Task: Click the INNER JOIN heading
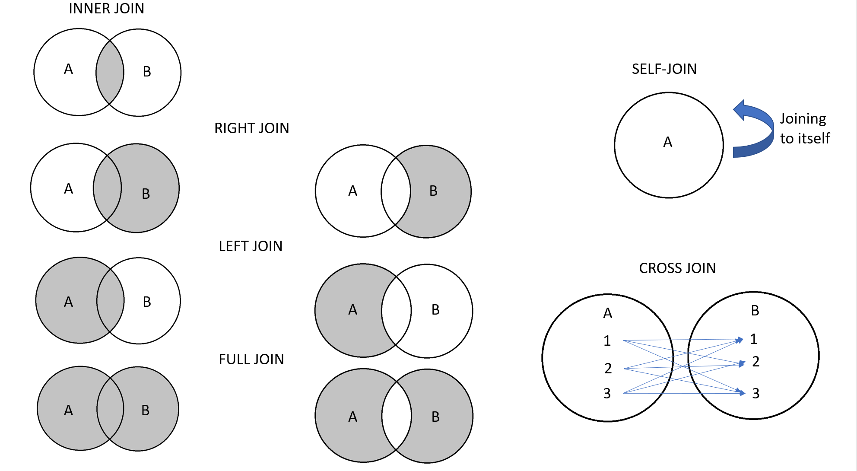pos(106,8)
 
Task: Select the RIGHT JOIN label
pos(251,128)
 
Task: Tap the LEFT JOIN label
pos(250,246)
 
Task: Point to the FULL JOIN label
pos(251,359)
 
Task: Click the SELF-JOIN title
pos(664,69)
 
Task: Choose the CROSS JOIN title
pos(677,268)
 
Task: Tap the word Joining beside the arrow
pos(803,119)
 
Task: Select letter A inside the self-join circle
pos(668,142)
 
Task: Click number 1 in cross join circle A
pos(607,341)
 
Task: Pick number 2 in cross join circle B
pos(755,361)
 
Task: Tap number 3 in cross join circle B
pos(755,393)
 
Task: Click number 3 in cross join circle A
pos(607,393)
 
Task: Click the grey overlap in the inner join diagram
pos(110,73)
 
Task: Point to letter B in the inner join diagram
pos(147,72)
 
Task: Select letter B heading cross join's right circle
pos(755,310)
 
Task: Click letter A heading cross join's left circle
pos(607,313)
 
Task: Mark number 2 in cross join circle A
pos(608,368)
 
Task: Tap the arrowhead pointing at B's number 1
pos(740,340)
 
